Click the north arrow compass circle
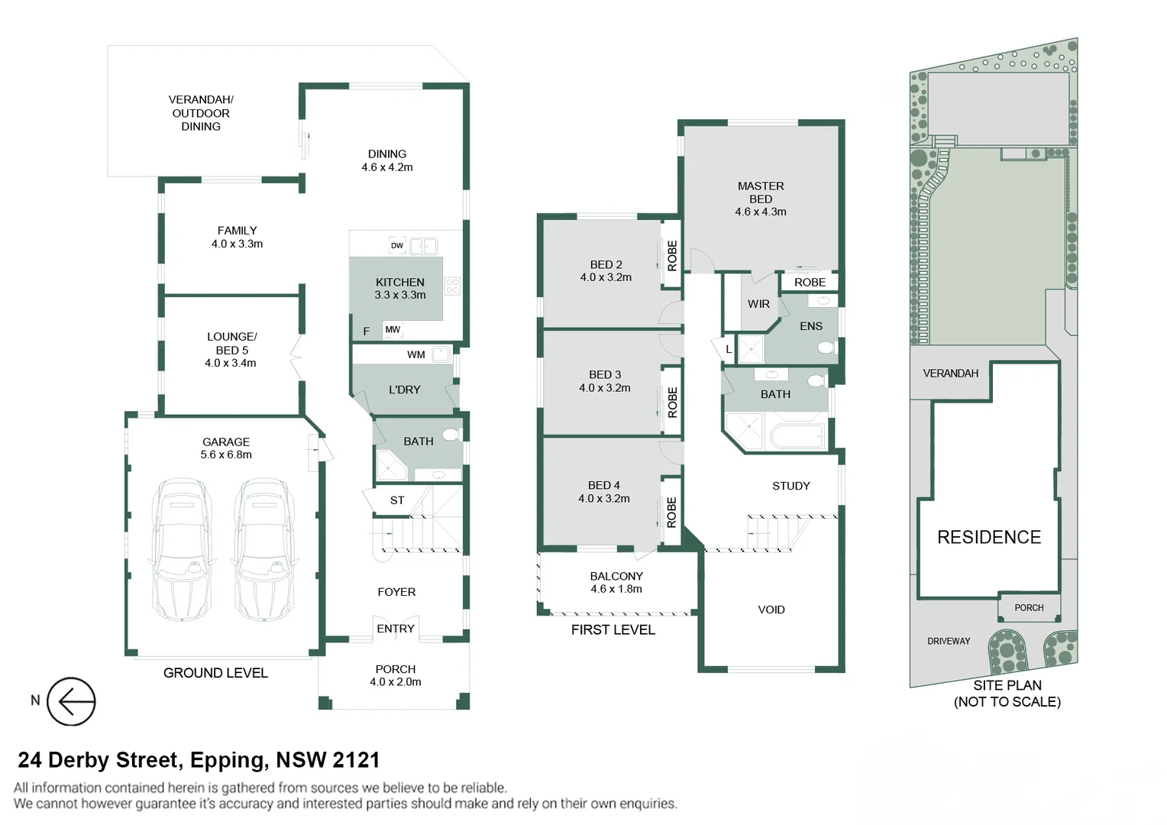point(71,701)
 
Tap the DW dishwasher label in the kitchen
point(397,246)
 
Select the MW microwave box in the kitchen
point(393,330)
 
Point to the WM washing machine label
point(416,354)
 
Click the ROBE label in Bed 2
point(672,256)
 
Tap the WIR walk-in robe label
point(758,304)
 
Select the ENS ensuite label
point(811,326)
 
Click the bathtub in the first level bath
point(798,436)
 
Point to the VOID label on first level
point(771,610)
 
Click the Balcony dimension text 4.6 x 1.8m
point(616,589)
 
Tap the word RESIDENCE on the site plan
point(989,537)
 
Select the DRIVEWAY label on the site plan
point(949,641)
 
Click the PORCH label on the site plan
point(1029,608)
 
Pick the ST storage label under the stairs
point(397,500)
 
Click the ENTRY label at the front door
point(396,629)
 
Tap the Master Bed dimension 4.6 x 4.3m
point(761,212)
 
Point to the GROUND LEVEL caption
point(215,673)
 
